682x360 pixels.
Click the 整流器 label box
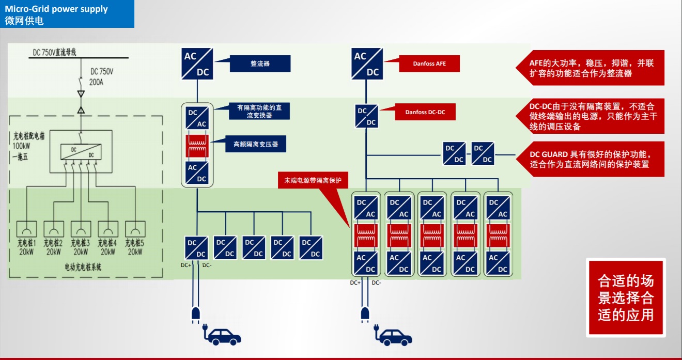pos(260,64)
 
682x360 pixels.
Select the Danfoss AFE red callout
pos(429,64)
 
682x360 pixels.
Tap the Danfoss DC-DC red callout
pos(425,112)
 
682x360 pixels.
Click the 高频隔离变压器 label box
pos(256,144)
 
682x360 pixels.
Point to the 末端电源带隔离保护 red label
pos(313,180)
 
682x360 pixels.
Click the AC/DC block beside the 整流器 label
pos(197,64)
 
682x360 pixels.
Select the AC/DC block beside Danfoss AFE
pos(367,64)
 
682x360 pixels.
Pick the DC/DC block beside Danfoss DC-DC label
pos(367,116)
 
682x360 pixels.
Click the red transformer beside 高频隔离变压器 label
pos(197,146)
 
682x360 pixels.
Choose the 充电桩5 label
pos(134,242)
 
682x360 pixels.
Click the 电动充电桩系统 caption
pos(83,267)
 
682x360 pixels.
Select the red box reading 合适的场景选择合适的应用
pos(626,298)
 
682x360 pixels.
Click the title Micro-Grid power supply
pos(56,9)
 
